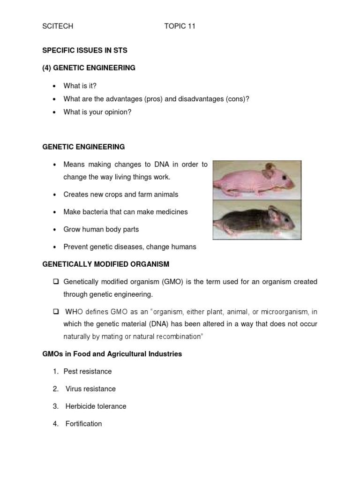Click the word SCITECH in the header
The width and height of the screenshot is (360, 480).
(58, 26)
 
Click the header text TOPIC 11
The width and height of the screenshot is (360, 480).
(180, 26)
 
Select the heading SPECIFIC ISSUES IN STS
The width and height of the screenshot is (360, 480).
(85, 50)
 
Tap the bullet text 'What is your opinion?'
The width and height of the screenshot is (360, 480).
(97, 112)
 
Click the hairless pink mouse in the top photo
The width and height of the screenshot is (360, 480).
(255, 180)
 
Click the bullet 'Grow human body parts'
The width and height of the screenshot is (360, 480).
(101, 229)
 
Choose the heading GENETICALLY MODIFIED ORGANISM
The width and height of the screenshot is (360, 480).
(105, 264)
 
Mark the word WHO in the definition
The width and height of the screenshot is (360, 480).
(74, 312)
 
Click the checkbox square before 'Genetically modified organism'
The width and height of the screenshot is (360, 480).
(55, 282)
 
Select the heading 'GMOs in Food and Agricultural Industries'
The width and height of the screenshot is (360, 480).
(112, 354)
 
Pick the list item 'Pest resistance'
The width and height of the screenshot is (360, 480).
(89, 371)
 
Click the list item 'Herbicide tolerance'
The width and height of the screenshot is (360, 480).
(96, 406)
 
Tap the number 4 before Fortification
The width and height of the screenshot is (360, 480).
(55, 424)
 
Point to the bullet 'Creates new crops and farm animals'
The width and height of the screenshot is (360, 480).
(121, 194)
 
